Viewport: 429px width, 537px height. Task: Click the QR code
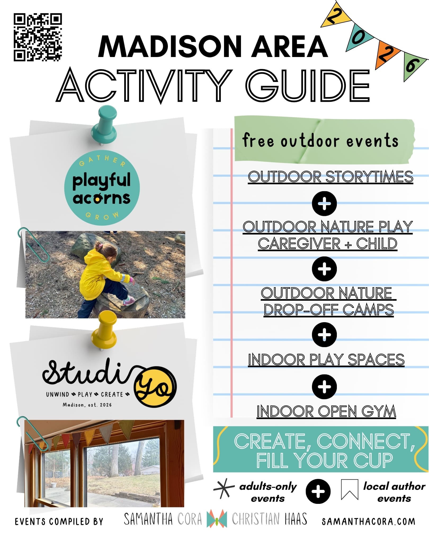[38, 37]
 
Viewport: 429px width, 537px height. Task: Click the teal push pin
[105, 125]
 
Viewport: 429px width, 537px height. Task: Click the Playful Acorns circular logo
[102, 188]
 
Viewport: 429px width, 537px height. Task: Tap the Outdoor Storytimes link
[330, 177]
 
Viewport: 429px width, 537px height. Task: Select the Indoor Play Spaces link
[326, 360]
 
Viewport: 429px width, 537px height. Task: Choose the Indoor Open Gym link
[326, 411]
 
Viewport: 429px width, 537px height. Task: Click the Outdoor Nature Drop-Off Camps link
[328, 301]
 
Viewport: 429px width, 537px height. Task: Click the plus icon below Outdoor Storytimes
[324, 203]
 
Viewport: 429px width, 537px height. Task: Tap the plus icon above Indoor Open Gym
[324, 387]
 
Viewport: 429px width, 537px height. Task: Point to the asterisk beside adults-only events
[224, 488]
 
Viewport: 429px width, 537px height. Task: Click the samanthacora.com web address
[368, 522]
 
